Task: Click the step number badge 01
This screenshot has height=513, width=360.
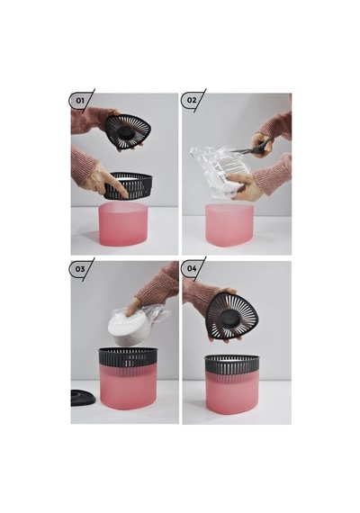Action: [x=79, y=101]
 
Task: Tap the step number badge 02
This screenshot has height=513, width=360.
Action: [x=192, y=100]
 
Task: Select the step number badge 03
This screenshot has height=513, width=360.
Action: [x=79, y=269]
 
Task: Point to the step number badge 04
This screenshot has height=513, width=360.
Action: [x=192, y=268]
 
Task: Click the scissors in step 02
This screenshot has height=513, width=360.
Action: [x=255, y=148]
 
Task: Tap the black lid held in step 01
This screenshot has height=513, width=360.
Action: [x=126, y=131]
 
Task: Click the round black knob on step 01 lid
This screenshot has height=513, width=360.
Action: [x=125, y=132]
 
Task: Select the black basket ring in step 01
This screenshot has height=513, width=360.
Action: [x=129, y=185]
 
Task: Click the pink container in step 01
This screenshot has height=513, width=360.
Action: [x=123, y=224]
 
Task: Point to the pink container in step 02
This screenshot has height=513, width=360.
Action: [x=229, y=226]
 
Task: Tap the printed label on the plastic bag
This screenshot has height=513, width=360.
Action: [x=231, y=166]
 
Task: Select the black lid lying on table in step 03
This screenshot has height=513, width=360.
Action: [x=83, y=398]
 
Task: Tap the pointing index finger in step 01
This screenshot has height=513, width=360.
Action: [x=118, y=185]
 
